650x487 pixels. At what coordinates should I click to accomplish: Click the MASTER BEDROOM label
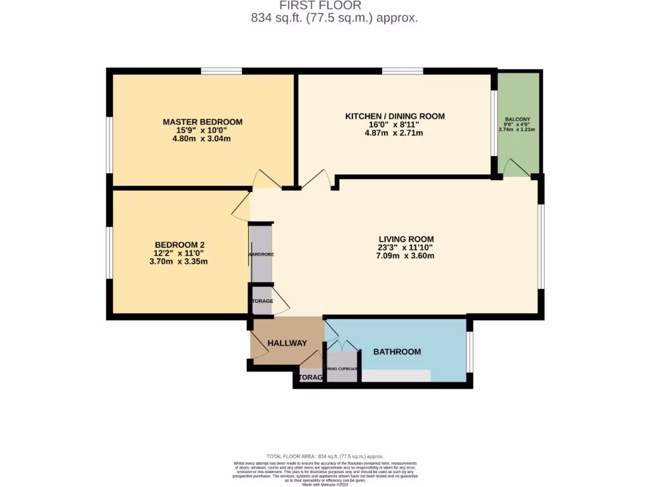point(202,122)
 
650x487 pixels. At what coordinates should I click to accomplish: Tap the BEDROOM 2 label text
point(180,245)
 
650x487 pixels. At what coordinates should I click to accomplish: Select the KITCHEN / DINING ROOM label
point(395,116)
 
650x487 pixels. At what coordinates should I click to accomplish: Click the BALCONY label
point(517,119)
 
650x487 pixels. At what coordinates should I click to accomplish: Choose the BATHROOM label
point(397,351)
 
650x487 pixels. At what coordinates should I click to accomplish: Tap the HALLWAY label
point(287,343)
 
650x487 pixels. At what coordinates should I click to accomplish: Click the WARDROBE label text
point(260,254)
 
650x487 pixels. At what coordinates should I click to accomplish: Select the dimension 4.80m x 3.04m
point(202,138)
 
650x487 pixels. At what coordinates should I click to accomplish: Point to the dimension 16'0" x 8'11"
point(395,125)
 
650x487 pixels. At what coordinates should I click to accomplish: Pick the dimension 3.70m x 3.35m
point(180,261)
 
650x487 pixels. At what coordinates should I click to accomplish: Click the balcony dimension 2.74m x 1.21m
point(517,129)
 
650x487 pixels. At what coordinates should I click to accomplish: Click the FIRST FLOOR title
point(334,6)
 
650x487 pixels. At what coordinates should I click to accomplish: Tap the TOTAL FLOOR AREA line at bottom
point(325,457)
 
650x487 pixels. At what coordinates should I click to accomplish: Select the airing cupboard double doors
point(342,346)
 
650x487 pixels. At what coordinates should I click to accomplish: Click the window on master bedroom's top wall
point(221,71)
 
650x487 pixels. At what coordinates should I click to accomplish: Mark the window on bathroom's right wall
point(470,351)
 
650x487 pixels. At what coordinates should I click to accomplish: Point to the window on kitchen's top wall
point(402,71)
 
